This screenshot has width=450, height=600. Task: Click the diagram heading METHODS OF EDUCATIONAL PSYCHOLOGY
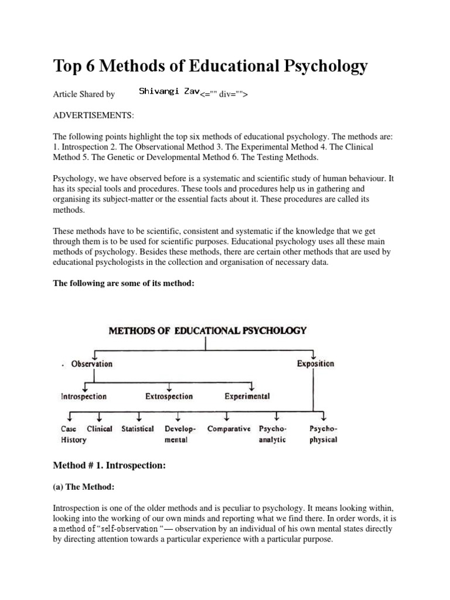[x=207, y=330]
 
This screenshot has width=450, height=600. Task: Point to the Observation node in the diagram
[x=91, y=364]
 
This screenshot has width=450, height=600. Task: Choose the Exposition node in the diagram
[x=315, y=364]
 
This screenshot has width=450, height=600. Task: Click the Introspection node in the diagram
[x=84, y=397]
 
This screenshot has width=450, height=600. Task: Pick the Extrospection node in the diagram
[x=169, y=397]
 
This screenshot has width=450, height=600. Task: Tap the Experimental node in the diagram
[x=247, y=397]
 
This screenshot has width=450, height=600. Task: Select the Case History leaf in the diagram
[x=73, y=434]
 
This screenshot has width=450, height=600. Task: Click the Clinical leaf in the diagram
[x=100, y=429]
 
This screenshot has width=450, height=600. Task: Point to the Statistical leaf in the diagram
[x=138, y=429]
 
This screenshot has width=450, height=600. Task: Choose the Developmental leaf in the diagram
[x=180, y=434]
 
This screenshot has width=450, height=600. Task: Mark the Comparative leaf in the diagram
[x=229, y=429]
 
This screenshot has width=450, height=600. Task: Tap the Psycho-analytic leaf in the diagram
[x=272, y=434]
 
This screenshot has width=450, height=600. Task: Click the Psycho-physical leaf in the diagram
[x=323, y=434]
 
